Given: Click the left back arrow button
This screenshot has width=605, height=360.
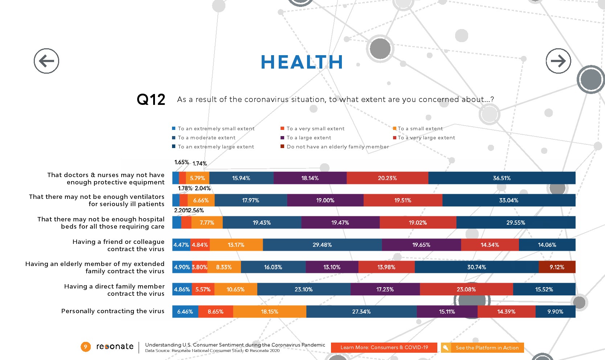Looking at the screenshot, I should [46, 61].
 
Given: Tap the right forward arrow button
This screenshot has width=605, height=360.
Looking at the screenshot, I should [558, 61].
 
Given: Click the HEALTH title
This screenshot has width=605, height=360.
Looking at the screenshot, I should [302, 62].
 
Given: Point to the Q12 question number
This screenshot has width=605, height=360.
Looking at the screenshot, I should [151, 99].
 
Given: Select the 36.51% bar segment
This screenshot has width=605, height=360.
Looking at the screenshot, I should [502, 178].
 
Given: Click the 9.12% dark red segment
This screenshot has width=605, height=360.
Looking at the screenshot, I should [557, 267].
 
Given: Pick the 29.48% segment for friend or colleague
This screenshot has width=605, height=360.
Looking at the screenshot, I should [322, 245].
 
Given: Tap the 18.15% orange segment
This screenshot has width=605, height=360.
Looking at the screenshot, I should [269, 312].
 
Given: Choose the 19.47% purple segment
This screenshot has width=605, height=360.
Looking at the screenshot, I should [340, 222].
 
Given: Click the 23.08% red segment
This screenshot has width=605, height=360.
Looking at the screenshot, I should [466, 290].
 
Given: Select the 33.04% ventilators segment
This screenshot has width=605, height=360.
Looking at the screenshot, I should [508, 200].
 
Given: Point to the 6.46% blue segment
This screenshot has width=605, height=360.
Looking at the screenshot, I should [185, 312].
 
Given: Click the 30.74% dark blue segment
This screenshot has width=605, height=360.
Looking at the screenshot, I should [476, 267].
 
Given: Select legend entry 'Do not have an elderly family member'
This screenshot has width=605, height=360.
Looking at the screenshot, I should [337, 147].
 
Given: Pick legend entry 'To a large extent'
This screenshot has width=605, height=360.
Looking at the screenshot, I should [308, 138].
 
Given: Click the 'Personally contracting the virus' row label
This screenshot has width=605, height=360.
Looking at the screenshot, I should [113, 311].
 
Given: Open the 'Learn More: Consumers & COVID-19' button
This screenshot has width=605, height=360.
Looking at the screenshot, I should [384, 347].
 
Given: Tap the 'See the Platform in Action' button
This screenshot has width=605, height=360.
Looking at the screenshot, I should [487, 348].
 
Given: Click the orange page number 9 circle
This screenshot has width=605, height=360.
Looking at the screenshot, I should [85, 347].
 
